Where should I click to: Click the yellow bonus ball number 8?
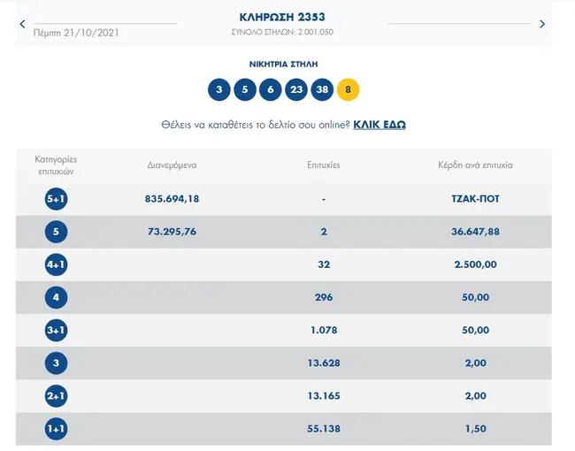(349, 89)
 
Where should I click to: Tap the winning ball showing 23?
(295, 89)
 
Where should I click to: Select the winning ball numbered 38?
(322, 89)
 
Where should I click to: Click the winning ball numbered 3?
(218, 89)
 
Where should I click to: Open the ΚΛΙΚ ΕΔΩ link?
(379, 125)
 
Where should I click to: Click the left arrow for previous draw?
(23, 25)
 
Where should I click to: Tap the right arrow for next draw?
(542, 25)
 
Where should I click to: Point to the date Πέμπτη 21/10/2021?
(75, 33)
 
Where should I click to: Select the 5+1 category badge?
(56, 199)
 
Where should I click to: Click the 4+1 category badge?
(56, 264)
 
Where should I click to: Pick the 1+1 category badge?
(56, 428)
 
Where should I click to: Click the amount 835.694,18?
(172, 199)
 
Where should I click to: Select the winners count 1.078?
(323, 330)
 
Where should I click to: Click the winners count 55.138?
(323, 428)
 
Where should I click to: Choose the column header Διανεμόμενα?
(172, 165)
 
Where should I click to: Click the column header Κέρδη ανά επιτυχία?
(475, 165)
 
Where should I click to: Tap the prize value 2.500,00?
(475, 264)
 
